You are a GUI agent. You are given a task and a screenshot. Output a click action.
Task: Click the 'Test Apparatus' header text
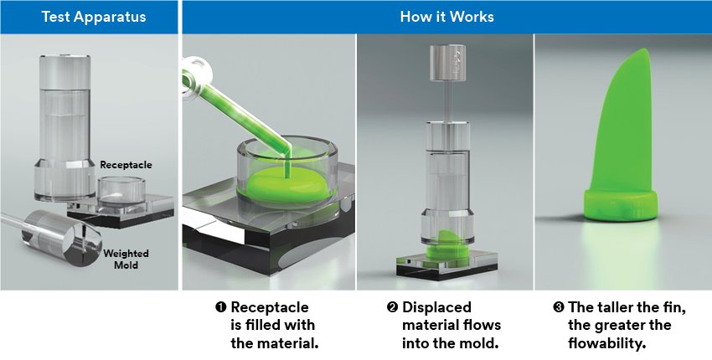coord(94,17)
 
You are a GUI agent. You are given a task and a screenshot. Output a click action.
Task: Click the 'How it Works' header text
coord(446,17)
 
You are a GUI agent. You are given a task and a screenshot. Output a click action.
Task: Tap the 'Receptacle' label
coord(126,165)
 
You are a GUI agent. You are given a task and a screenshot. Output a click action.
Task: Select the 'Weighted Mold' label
coord(126,259)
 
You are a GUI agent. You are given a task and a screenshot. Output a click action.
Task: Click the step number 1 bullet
coord(220,307)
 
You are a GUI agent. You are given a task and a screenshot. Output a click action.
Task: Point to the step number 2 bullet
coord(392,307)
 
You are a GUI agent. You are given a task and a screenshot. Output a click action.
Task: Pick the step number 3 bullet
coord(558,307)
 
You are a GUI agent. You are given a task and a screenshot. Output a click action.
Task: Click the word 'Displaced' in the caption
coord(436,308)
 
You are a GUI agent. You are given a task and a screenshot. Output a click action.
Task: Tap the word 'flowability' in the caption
coord(606,343)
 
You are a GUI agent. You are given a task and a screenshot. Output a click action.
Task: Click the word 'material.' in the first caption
coord(275,342)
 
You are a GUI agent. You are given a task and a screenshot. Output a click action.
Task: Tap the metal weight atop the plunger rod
coord(448,63)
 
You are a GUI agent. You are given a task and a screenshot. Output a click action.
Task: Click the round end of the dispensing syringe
coord(196,75)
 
